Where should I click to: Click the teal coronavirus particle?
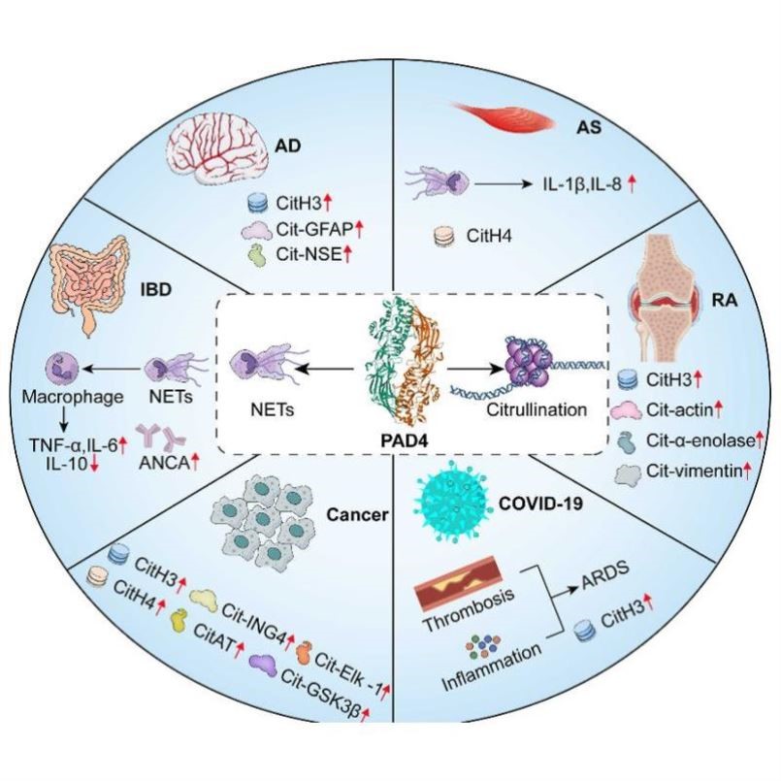(452, 502)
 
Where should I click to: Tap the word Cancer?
(357, 514)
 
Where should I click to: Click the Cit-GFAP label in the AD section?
(313, 229)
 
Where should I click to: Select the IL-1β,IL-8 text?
(582, 184)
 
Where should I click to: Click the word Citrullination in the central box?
(537, 409)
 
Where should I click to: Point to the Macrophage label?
(73, 397)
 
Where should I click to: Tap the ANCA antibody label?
(164, 463)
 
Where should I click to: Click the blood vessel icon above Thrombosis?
(459, 583)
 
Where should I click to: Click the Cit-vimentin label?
(695, 471)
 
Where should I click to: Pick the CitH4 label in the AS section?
(489, 236)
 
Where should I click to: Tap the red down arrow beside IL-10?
(94, 464)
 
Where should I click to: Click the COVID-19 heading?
(540, 504)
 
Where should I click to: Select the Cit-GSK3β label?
(320, 694)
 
